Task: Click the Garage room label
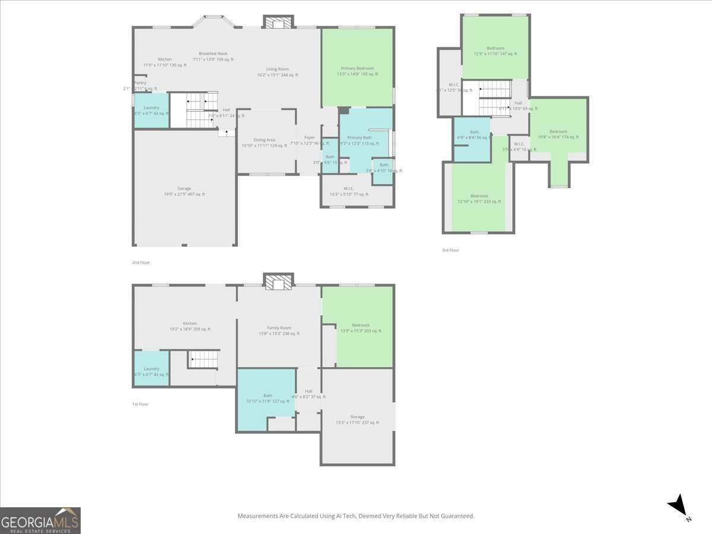click(x=184, y=189)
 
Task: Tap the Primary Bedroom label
click(x=357, y=68)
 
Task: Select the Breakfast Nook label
click(x=213, y=53)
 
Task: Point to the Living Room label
click(x=277, y=69)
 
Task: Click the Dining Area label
click(x=264, y=140)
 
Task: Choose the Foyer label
click(x=310, y=138)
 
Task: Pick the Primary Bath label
click(x=359, y=138)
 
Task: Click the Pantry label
click(x=140, y=83)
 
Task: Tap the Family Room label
click(x=279, y=328)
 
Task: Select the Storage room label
click(x=357, y=417)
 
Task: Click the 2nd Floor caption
click(x=141, y=262)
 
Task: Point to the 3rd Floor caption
click(x=450, y=250)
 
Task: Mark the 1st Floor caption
click(x=140, y=404)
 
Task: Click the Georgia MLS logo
click(x=40, y=520)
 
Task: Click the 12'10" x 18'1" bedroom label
click(x=479, y=196)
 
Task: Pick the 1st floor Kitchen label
click(x=190, y=323)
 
